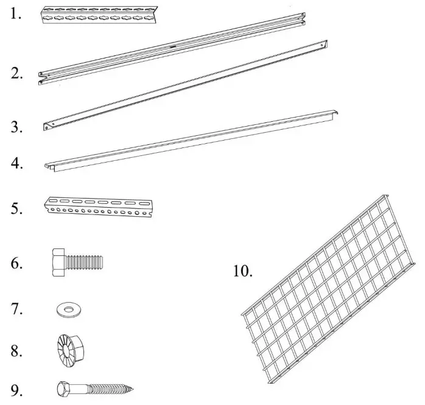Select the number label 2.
[x=17, y=74]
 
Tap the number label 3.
[x=17, y=127]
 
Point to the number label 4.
[x=17, y=164]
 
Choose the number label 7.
[x=17, y=309]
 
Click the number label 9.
[x=17, y=388]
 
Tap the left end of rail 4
[x=50, y=166]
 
